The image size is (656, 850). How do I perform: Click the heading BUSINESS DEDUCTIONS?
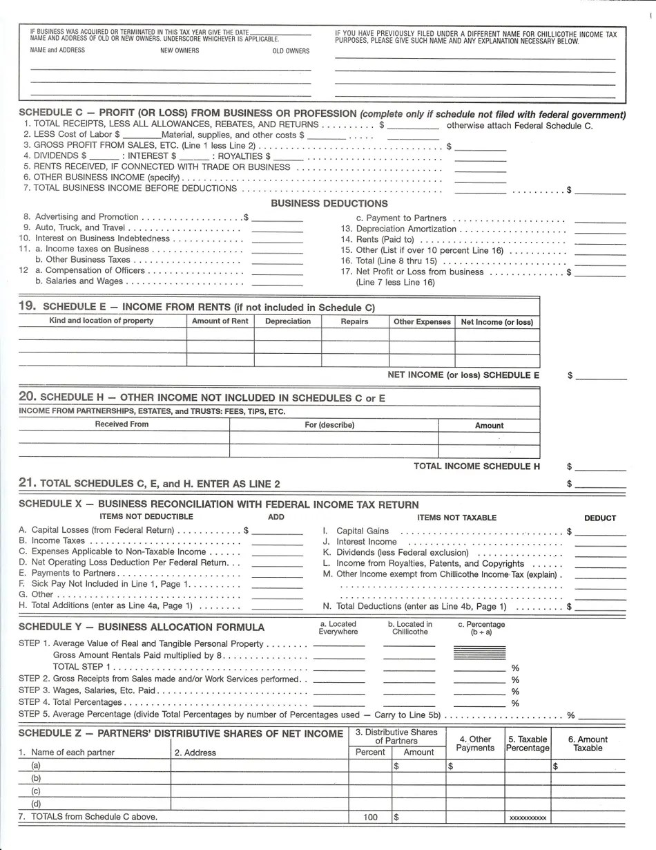pos(329,203)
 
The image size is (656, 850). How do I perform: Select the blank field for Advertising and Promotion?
pos(277,217)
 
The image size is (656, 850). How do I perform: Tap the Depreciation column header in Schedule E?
pos(287,321)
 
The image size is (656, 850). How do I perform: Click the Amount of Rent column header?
pos(220,321)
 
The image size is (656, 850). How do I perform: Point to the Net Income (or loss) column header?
pos(496,322)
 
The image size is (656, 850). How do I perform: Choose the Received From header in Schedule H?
pos(122,424)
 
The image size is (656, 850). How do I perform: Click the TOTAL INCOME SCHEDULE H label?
pos(476,466)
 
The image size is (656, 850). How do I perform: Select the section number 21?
pos(28,483)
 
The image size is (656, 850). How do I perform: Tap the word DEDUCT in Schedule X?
pos(599,518)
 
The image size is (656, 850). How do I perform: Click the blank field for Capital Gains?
pos(600,531)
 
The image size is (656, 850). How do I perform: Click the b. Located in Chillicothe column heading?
pos(409,627)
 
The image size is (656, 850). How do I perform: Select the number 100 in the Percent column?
pos(370,818)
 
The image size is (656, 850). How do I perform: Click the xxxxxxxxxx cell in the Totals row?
pos(528,818)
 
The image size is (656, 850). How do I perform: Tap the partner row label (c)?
pos(36,791)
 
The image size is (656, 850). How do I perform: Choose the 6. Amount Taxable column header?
pos(588,744)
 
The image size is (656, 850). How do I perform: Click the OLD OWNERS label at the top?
pos(291,50)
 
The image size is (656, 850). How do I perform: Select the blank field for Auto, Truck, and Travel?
pos(277,228)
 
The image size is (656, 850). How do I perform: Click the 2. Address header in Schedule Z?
pos(195,753)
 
